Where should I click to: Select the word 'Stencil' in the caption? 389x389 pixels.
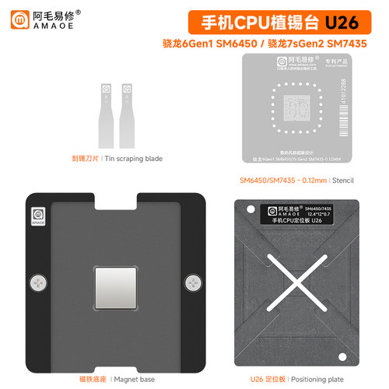[x=342, y=180]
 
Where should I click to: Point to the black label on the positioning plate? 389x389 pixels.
[x=300, y=213]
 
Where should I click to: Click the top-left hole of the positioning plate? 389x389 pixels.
[x=251, y=209]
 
